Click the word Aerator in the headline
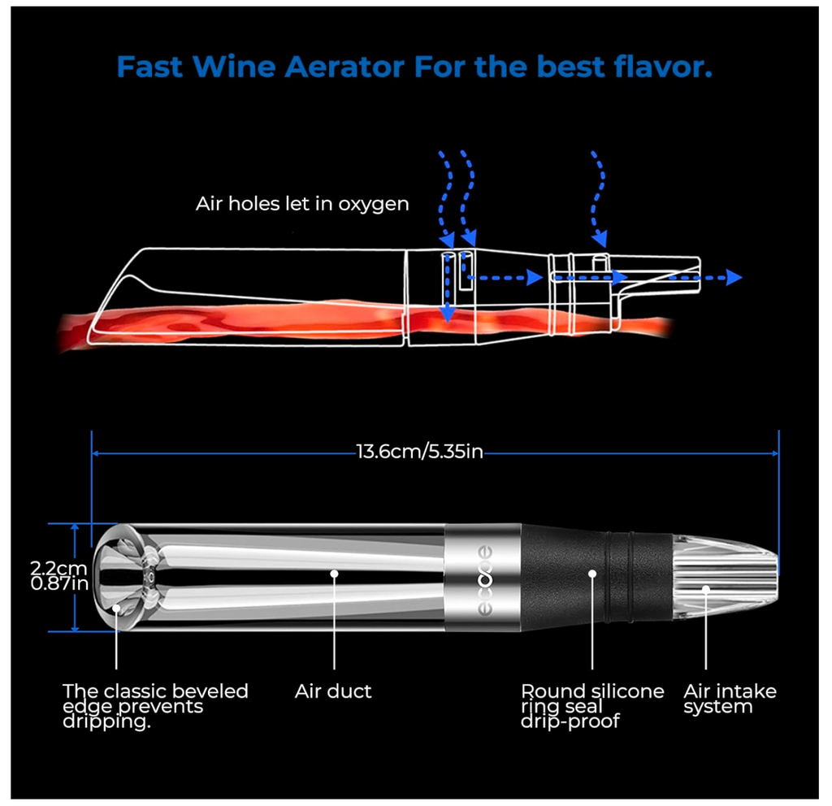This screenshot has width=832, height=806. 344,67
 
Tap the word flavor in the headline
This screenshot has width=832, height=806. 663,67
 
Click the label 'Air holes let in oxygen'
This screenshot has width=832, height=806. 302,204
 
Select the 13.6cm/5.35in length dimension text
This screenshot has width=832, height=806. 419,452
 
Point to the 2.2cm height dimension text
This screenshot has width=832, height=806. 58,568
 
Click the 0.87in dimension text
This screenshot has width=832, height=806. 59,583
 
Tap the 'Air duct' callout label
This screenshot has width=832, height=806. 333,691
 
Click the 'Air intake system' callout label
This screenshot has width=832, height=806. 730,699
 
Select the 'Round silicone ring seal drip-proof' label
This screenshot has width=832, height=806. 592,706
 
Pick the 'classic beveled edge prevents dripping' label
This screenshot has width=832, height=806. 155,706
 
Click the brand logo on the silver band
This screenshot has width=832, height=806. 484,579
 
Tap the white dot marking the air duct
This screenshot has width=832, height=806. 334,574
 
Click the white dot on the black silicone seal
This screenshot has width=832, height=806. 592,574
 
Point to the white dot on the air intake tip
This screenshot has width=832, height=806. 706,588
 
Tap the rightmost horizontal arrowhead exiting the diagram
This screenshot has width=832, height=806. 734,277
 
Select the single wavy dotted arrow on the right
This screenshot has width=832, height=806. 599,200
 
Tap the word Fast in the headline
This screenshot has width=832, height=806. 149,67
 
